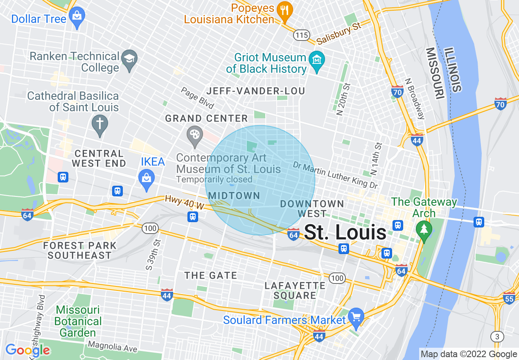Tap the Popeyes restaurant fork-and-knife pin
[x=284, y=11]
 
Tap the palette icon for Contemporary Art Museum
[x=194, y=135]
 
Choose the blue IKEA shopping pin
[x=147, y=179]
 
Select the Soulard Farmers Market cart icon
[x=356, y=317]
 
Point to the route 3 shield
[x=497, y=337]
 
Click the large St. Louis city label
[x=345, y=233]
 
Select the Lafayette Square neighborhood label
[x=295, y=290]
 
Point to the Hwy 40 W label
[x=184, y=202]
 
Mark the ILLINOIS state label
[x=454, y=69]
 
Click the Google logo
[x=27, y=350]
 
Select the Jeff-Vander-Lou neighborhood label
[x=256, y=91]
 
